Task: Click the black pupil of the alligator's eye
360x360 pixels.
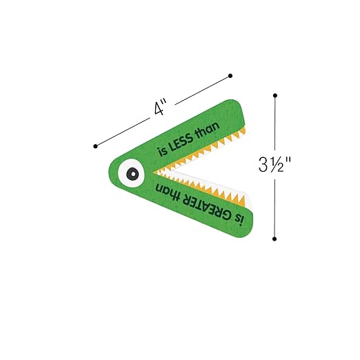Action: click(x=132, y=174)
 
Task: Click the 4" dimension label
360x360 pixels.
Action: click(x=160, y=107)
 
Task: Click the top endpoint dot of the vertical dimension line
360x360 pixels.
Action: click(x=275, y=95)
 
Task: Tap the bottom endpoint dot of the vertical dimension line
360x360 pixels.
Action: click(x=274, y=239)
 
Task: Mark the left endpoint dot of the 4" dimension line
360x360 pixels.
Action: click(x=95, y=146)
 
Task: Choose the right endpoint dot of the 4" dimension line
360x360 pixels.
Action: click(x=230, y=76)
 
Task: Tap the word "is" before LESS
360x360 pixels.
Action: click(x=162, y=152)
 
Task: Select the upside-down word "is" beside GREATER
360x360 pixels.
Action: click(x=239, y=220)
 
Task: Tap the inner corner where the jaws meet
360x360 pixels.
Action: click(x=154, y=172)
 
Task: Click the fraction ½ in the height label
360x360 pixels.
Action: click(x=277, y=165)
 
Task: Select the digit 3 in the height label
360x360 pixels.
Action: click(x=263, y=165)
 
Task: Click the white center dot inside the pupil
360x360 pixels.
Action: click(x=133, y=174)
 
